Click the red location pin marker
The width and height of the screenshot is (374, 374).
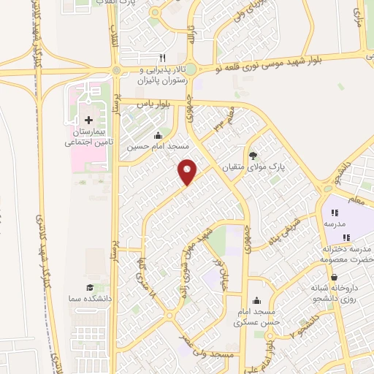point(188,172)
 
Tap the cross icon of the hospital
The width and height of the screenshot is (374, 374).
point(89,119)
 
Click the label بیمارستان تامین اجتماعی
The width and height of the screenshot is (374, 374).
point(89,137)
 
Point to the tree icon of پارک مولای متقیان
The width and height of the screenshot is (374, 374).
point(253,156)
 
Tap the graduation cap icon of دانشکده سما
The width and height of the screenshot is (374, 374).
point(89,288)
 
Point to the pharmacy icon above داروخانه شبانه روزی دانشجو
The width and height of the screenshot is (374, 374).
point(334,278)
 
